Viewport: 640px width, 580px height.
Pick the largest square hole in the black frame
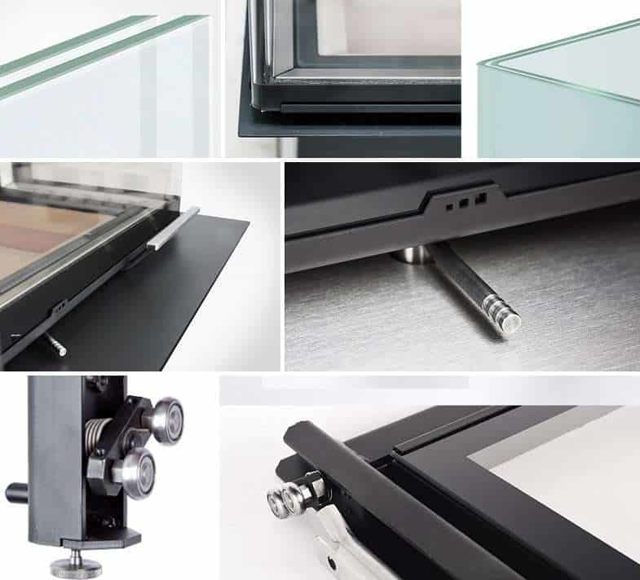[x=481, y=197]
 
